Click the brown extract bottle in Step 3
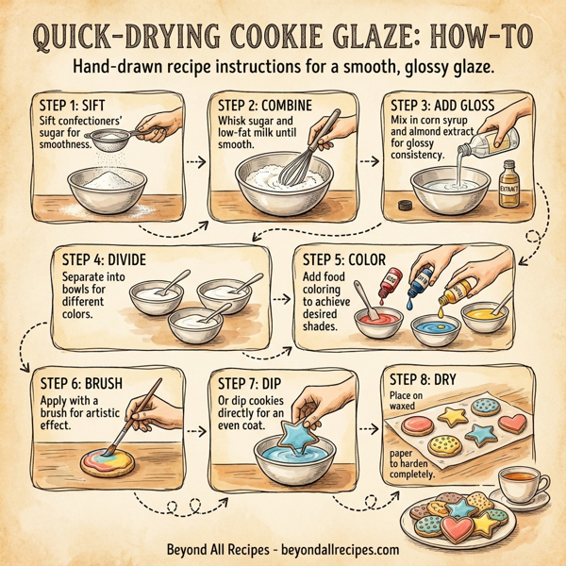[x=510, y=182]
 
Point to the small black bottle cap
[x=406, y=204]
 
